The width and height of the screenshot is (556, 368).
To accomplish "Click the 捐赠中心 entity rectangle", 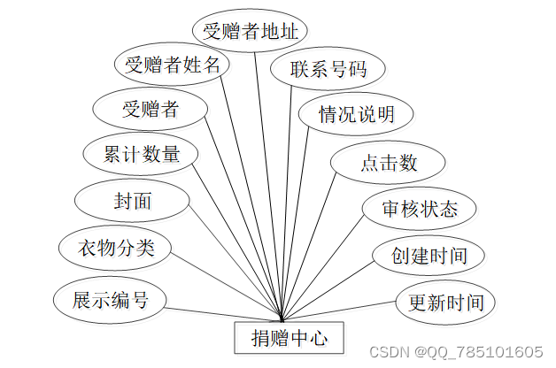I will (x=282, y=337).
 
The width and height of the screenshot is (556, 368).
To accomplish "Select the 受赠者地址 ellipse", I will (x=250, y=32).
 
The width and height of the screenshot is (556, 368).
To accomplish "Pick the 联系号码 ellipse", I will (x=317, y=70).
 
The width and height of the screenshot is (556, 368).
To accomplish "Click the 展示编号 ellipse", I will (x=110, y=300).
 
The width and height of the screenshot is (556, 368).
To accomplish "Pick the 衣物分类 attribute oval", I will (x=115, y=248).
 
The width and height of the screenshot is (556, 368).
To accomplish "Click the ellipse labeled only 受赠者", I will (x=150, y=110).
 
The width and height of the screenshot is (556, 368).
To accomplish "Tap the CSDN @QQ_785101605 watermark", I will (x=455, y=352).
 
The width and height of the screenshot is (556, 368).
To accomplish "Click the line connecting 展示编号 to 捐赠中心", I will (x=221, y=313).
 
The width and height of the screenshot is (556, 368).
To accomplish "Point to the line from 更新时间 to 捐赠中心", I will (x=345, y=312).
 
